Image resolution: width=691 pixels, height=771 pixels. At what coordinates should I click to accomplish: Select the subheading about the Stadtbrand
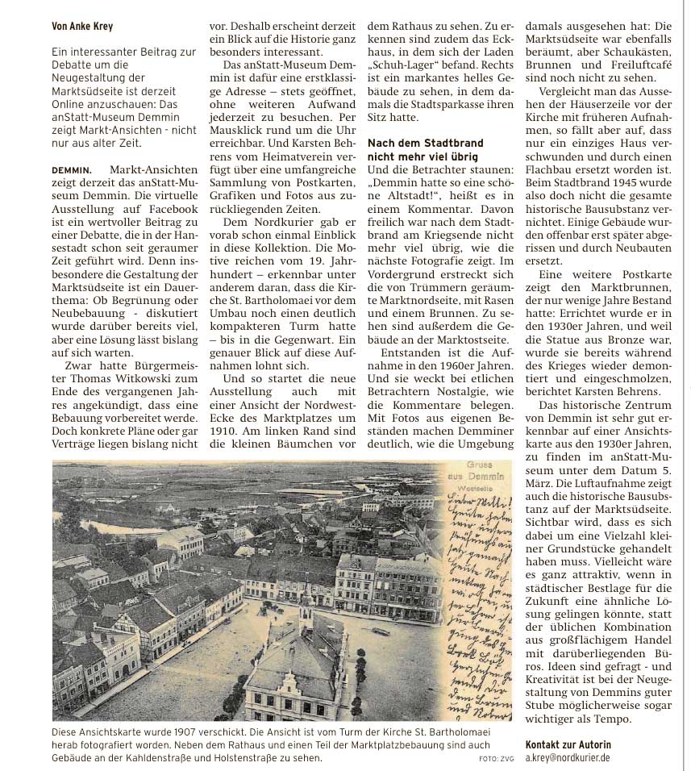coord(422,149)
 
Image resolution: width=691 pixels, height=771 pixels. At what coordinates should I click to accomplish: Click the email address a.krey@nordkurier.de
coord(568,758)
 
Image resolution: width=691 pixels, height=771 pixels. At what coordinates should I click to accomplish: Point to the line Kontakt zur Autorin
coord(568,744)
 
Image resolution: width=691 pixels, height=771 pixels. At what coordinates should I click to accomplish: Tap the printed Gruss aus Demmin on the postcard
coord(486,471)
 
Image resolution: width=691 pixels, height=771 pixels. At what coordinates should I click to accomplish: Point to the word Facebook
coord(156,210)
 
